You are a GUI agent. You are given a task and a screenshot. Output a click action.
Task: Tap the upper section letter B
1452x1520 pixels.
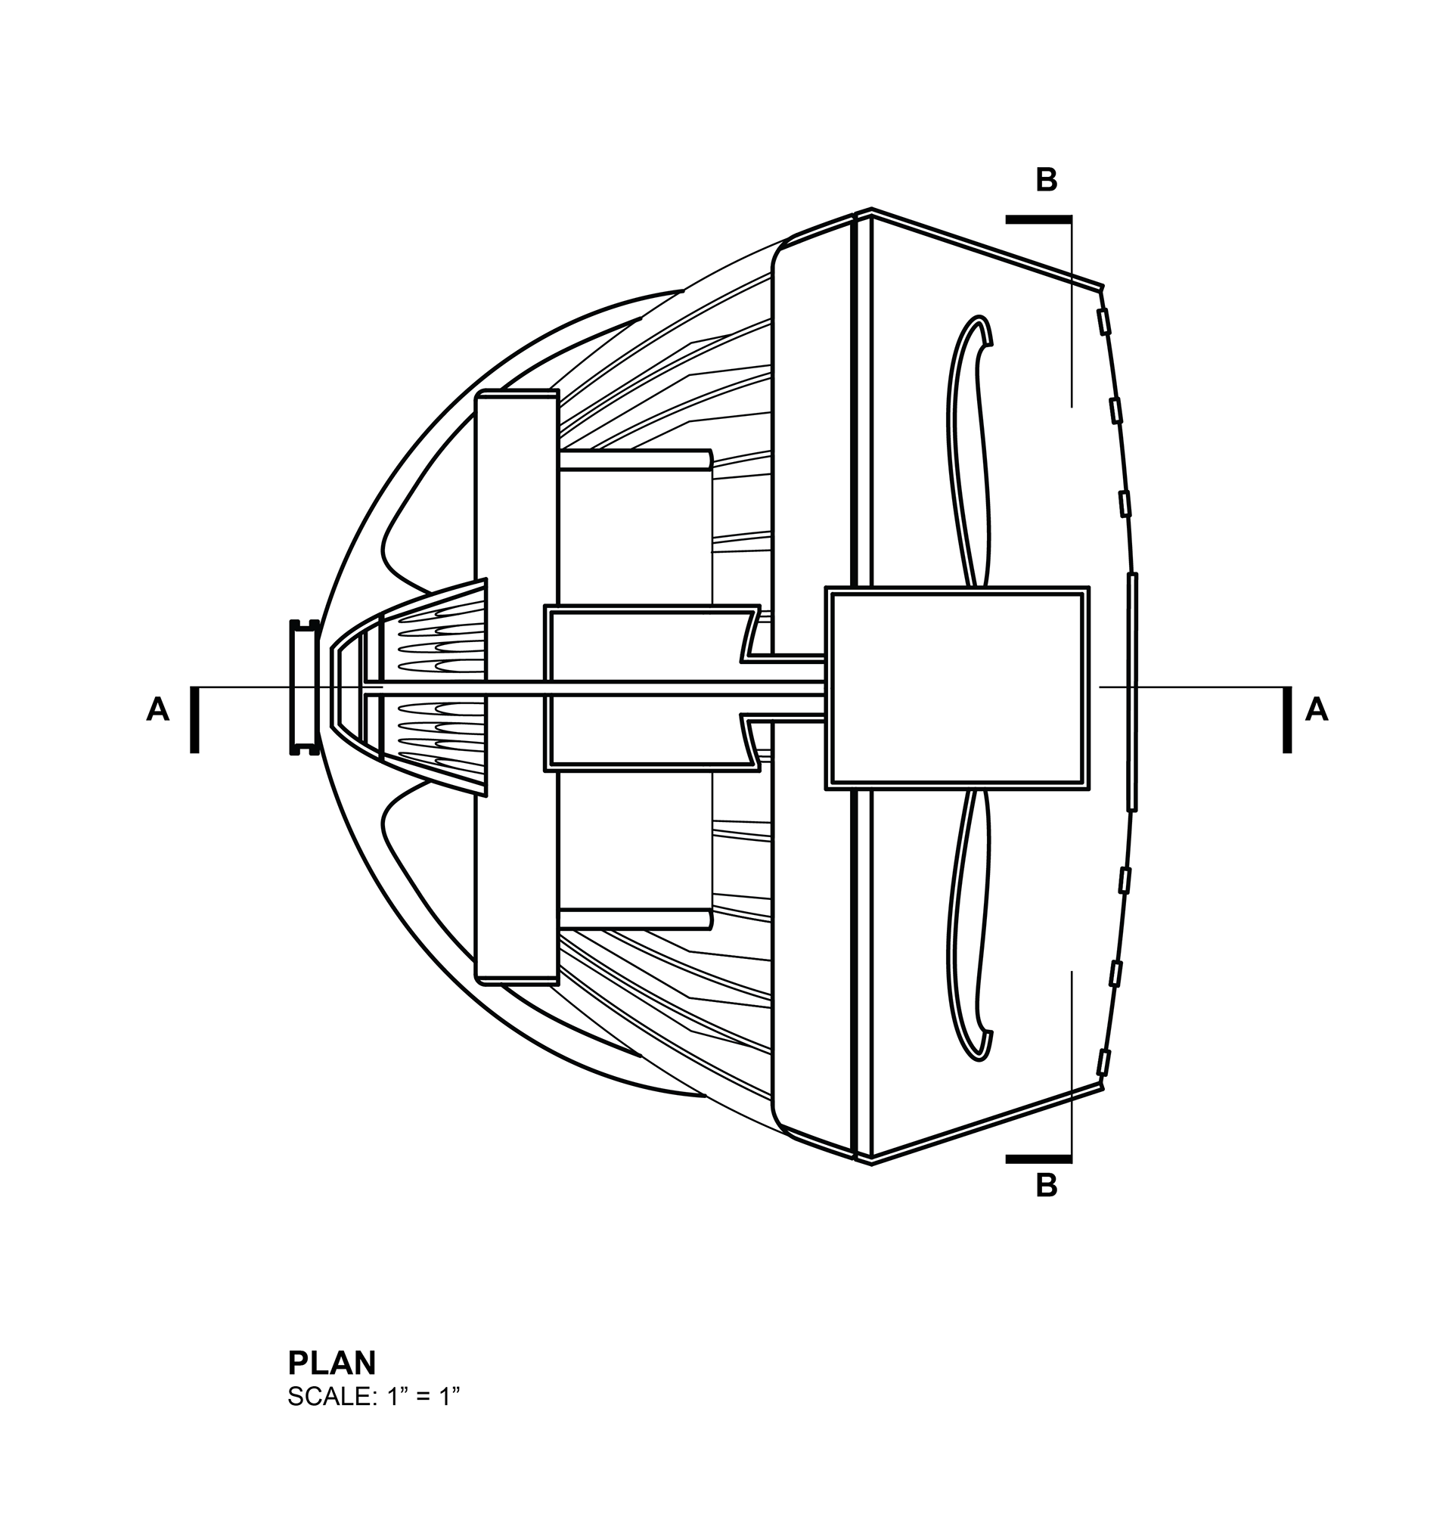coord(1047,179)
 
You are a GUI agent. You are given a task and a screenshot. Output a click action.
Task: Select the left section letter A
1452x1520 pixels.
coord(158,709)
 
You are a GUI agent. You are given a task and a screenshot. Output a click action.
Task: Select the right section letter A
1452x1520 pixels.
coord(1317,709)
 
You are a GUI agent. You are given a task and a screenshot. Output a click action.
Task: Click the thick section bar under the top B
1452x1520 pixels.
coord(1038,220)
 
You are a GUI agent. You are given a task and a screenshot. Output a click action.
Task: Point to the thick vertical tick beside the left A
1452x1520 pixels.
coord(194,719)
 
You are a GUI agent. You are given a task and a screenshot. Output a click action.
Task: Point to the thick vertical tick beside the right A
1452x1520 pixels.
coord(1287,719)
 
